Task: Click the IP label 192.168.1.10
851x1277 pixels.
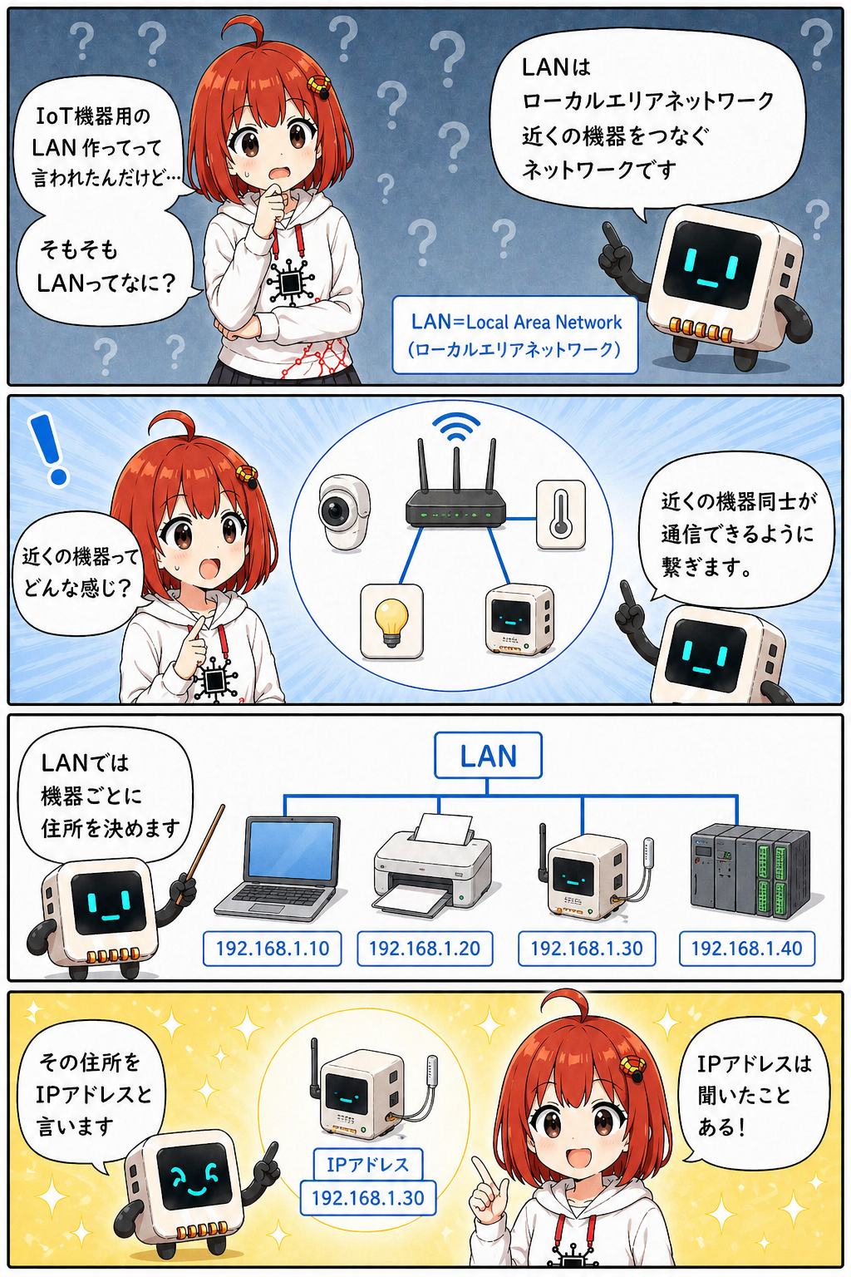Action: tap(273, 948)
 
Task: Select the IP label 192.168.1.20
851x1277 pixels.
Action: tap(425, 948)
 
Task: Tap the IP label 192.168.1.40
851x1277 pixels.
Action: tap(746, 948)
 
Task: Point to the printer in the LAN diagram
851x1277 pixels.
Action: tap(433, 865)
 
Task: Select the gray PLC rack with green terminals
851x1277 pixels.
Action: tap(750, 871)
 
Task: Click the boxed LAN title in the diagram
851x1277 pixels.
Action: tap(488, 756)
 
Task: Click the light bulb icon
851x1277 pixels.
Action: tap(391, 621)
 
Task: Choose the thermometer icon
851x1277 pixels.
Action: tap(561, 515)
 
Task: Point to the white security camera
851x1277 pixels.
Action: tap(344, 512)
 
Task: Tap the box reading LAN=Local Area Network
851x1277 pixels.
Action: tap(514, 335)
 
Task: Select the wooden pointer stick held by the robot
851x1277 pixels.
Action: tap(200, 854)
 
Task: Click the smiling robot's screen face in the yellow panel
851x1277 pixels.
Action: tap(193, 1176)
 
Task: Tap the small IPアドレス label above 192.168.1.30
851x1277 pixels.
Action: tap(367, 1164)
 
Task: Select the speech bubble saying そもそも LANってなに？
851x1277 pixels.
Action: tap(106, 267)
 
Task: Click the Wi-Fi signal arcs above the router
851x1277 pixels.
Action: tap(456, 427)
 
